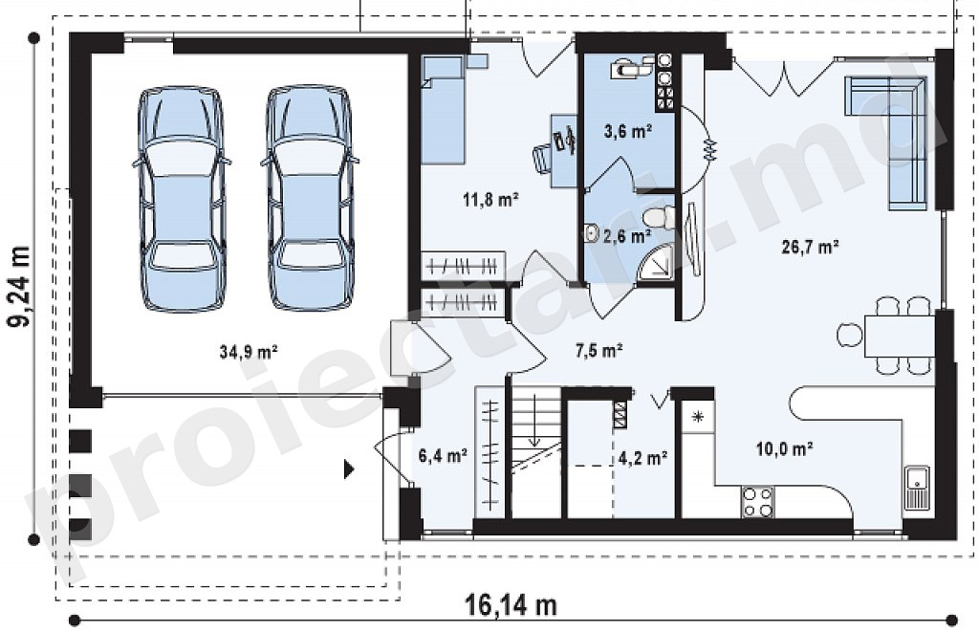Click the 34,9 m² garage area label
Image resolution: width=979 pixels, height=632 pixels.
pyautogui.click(x=249, y=352)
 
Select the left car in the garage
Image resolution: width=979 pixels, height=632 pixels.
pyautogui.click(x=181, y=199)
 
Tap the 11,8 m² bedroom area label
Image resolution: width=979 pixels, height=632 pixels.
pyautogui.click(x=491, y=200)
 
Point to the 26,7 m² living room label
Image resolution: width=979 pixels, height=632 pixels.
pyautogui.click(x=810, y=248)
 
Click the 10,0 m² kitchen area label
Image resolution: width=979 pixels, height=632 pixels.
pyautogui.click(x=784, y=448)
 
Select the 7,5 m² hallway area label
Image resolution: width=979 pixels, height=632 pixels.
pyautogui.click(x=598, y=351)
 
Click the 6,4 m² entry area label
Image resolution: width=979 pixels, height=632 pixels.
pyautogui.click(x=444, y=456)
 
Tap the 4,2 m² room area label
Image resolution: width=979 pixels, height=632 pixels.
pyautogui.click(x=643, y=458)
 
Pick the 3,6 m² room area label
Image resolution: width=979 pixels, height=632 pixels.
pyautogui.click(x=628, y=132)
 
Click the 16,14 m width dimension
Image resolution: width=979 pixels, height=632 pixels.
pyautogui.click(x=511, y=605)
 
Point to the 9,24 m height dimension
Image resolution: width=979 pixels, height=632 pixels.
pyautogui.click(x=19, y=287)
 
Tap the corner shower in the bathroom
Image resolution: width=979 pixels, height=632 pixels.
pyautogui.click(x=656, y=263)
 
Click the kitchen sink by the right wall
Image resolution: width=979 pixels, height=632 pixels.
pyautogui.click(x=916, y=487)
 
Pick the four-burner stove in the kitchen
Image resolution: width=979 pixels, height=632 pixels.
pyautogui.click(x=758, y=503)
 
